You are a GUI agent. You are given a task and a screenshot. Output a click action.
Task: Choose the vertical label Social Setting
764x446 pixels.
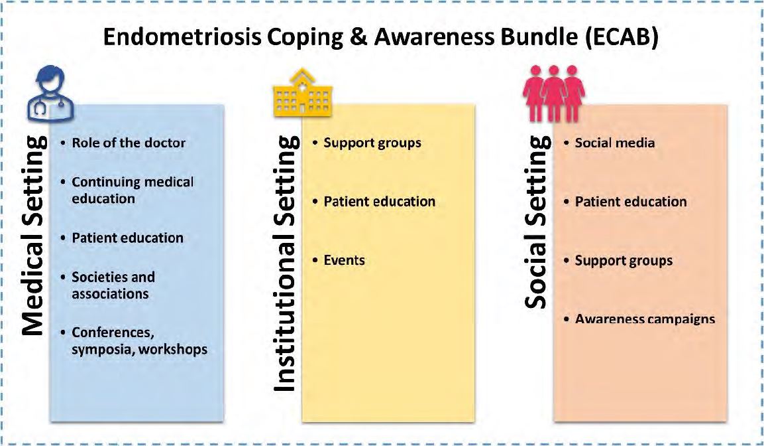537,222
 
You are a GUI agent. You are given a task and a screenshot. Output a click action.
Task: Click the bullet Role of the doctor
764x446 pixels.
129,143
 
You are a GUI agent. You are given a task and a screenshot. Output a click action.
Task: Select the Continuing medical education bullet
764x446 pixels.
133,190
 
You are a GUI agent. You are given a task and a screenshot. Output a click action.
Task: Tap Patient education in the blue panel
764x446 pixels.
128,238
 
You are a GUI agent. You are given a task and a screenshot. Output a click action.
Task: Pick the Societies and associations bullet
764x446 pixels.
113,285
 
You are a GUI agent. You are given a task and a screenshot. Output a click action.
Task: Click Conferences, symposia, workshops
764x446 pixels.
139,340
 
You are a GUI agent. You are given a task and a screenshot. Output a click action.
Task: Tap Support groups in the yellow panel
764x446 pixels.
372,143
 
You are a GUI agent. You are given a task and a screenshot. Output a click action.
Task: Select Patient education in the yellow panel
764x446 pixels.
380,202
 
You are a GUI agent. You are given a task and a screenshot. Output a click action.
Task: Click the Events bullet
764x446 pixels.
344,260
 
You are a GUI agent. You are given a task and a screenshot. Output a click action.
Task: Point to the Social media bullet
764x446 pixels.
615,143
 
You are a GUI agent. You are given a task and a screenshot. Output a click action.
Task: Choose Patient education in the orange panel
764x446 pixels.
631,202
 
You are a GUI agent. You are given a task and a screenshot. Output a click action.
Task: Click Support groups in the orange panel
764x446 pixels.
624,261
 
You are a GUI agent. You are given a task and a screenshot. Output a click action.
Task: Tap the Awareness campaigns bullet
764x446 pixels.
645,319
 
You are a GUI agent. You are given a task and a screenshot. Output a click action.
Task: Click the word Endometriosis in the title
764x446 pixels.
182,38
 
